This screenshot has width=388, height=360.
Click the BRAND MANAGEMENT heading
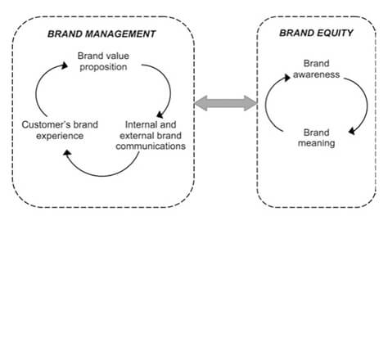tap(102, 34)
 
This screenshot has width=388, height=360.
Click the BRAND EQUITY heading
tap(316, 33)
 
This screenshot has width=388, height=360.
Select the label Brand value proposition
tap(103, 61)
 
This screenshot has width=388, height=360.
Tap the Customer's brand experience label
tap(60, 130)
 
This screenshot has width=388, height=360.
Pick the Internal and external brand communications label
tap(151, 136)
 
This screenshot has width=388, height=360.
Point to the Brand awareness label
tap(317, 69)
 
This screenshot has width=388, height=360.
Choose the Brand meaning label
tap(317, 137)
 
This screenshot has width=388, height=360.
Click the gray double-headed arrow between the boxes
tap(226, 103)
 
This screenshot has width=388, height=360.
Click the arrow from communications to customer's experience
tap(102, 176)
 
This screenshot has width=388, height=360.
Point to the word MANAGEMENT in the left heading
tap(120, 34)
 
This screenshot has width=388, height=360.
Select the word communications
tap(151, 146)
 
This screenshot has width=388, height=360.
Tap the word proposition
tap(103, 67)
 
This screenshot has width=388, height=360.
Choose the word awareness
tap(317, 74)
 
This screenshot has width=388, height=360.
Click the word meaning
tap(317, 143)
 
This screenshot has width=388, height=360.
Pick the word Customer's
tap(41, 124)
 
